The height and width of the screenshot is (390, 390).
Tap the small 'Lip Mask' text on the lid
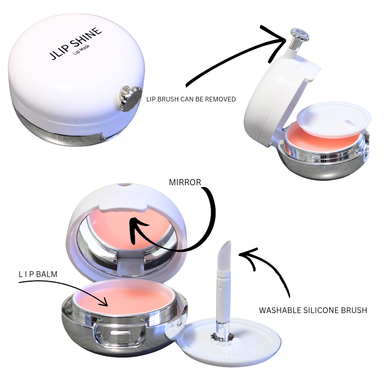[x=83, y=54]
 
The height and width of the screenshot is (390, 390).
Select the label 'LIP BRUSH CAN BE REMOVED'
[x=191, y=99]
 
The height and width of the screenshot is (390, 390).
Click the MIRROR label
[x=185, y=182]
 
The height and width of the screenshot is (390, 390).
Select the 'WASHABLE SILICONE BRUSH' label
[x=313, y=310]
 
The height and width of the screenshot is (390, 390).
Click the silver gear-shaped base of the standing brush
[x=221, y=337]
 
